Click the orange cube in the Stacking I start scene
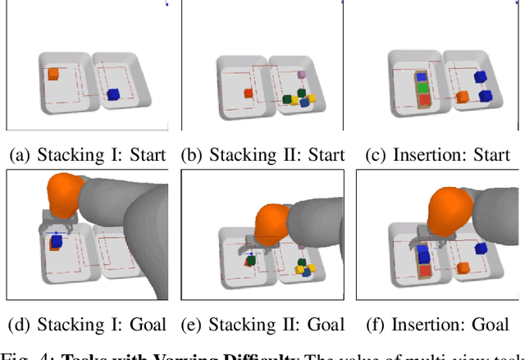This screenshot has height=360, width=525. pos(53,74)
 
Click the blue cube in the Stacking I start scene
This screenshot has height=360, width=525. pos(113,94)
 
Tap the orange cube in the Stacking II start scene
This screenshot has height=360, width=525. pos(248,93)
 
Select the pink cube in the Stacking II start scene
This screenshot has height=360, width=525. pos(302,74)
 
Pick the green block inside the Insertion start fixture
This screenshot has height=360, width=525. pos(423,87)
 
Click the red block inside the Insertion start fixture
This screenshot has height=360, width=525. pos(424,101)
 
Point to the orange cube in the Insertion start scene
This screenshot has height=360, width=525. pos(463,97)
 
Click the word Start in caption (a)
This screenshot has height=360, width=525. pos(144,154)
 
